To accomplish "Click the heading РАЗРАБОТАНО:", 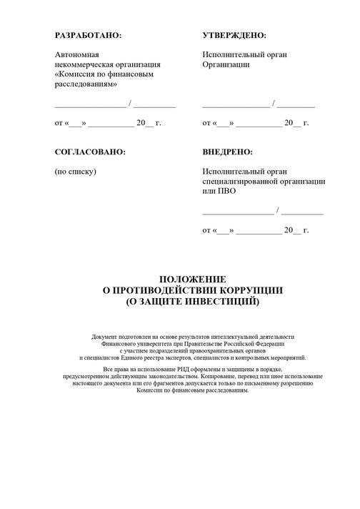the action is pyautogui.click(x=89, y=35).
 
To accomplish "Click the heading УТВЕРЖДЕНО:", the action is pyautogui.click(x=234, y=35).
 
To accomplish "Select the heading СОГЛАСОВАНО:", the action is pyautogui.click(x=90, y=152).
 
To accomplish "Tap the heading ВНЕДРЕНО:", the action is pyautogui.click(x=227, y=152).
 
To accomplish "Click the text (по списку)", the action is pyautogui.click(x=75, y=172).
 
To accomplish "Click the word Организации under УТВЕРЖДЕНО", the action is pyautogui.click(x=226, y=64).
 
